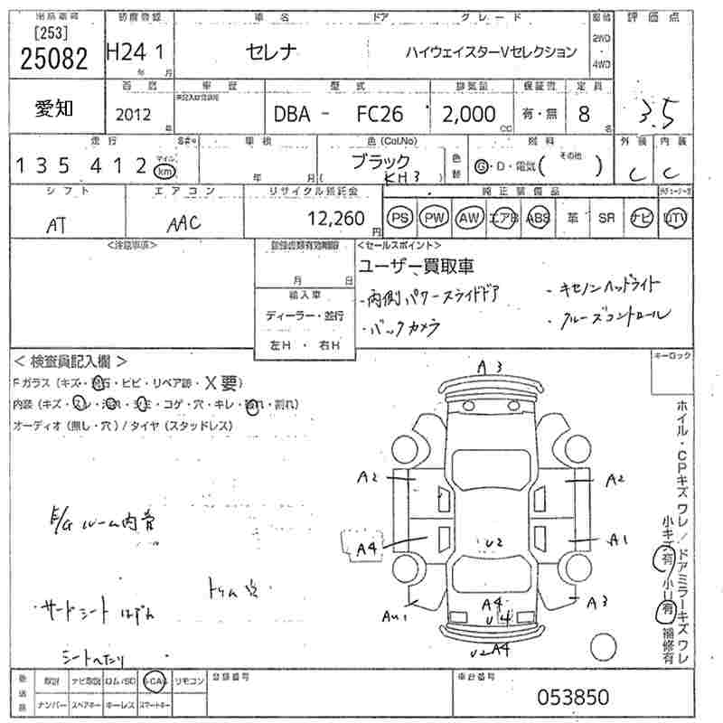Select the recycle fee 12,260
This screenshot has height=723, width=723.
(336, 218)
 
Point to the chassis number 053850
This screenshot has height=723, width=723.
(574, 697)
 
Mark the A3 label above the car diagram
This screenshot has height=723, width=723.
(490, 367)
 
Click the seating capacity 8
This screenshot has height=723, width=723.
(584, 115)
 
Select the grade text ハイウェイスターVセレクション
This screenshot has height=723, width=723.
(490, 52)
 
